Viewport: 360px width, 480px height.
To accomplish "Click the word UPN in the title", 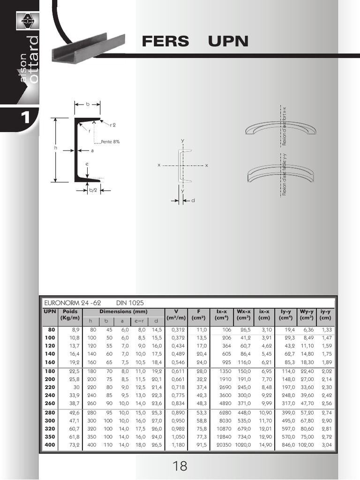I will (228, 42).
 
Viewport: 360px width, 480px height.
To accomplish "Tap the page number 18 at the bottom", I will (180, 466).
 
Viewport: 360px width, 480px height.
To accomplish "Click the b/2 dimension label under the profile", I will (93, 190).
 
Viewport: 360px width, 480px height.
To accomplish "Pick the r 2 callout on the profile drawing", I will (113, 125).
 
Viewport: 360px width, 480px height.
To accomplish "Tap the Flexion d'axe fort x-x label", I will (284, 126).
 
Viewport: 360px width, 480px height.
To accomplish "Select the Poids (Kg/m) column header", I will (69, 315).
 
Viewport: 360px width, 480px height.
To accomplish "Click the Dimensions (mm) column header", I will (123, 311).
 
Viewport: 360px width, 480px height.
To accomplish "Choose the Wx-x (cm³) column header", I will (243, 315).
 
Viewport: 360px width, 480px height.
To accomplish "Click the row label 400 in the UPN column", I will (50, 444).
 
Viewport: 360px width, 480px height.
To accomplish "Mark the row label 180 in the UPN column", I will (50, 371).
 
